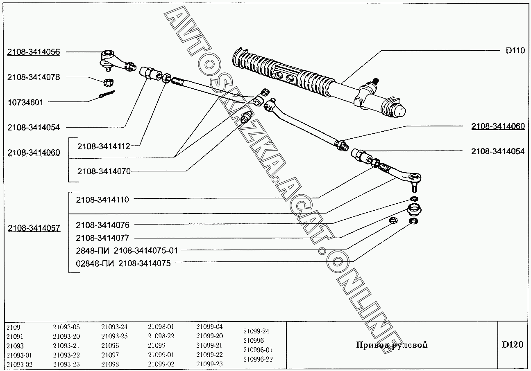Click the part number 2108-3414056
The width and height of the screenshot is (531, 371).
[x=34, y=52]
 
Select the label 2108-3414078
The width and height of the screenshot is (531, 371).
[x=34, y=77]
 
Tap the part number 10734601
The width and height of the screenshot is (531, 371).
[x=25, y=102]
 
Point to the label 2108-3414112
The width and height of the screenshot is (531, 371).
[x=104, y=146]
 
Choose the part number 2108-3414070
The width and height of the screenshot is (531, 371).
[x=104, y=171]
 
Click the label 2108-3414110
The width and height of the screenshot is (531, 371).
[x=102, y=200]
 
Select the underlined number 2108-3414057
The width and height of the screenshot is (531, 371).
[x=34, y=228]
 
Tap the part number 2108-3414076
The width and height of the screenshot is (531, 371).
[x=102, y=225]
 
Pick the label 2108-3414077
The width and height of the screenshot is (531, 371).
[x=102, y=238]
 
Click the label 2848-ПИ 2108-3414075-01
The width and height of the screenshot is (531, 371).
[x=127, y=250]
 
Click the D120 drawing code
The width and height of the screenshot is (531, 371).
[x=513, y=344]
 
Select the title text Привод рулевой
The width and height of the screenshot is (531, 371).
[x=392, y=345]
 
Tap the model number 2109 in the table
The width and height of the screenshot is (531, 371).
[x=13, y=327]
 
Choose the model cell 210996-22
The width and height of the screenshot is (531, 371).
[x=258, y=359]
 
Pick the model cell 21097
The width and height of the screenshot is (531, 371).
[x=110, y=354]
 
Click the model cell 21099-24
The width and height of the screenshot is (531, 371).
[x=256, y=331]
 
